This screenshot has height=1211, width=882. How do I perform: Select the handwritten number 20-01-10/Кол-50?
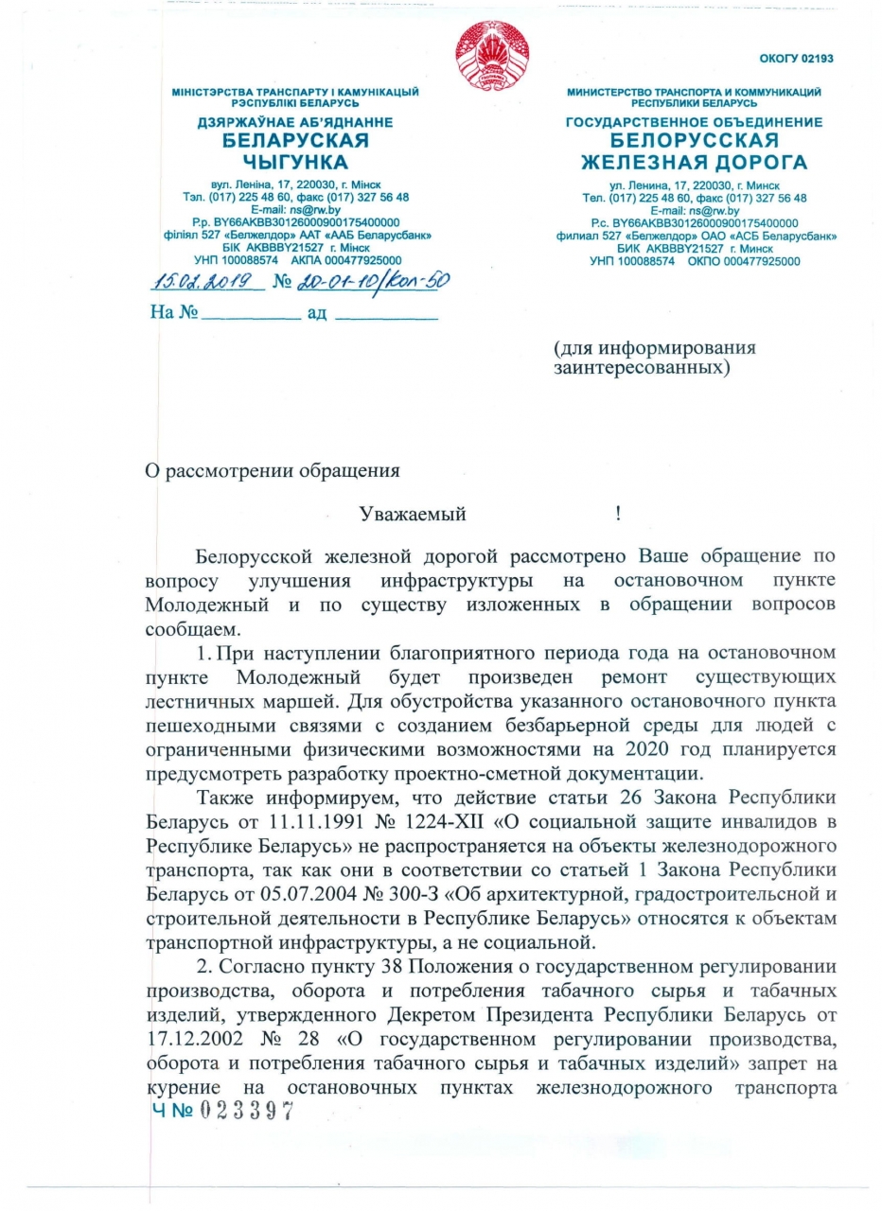373,280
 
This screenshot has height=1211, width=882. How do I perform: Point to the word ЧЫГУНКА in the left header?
295,162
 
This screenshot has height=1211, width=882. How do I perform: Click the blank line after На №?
252,314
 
